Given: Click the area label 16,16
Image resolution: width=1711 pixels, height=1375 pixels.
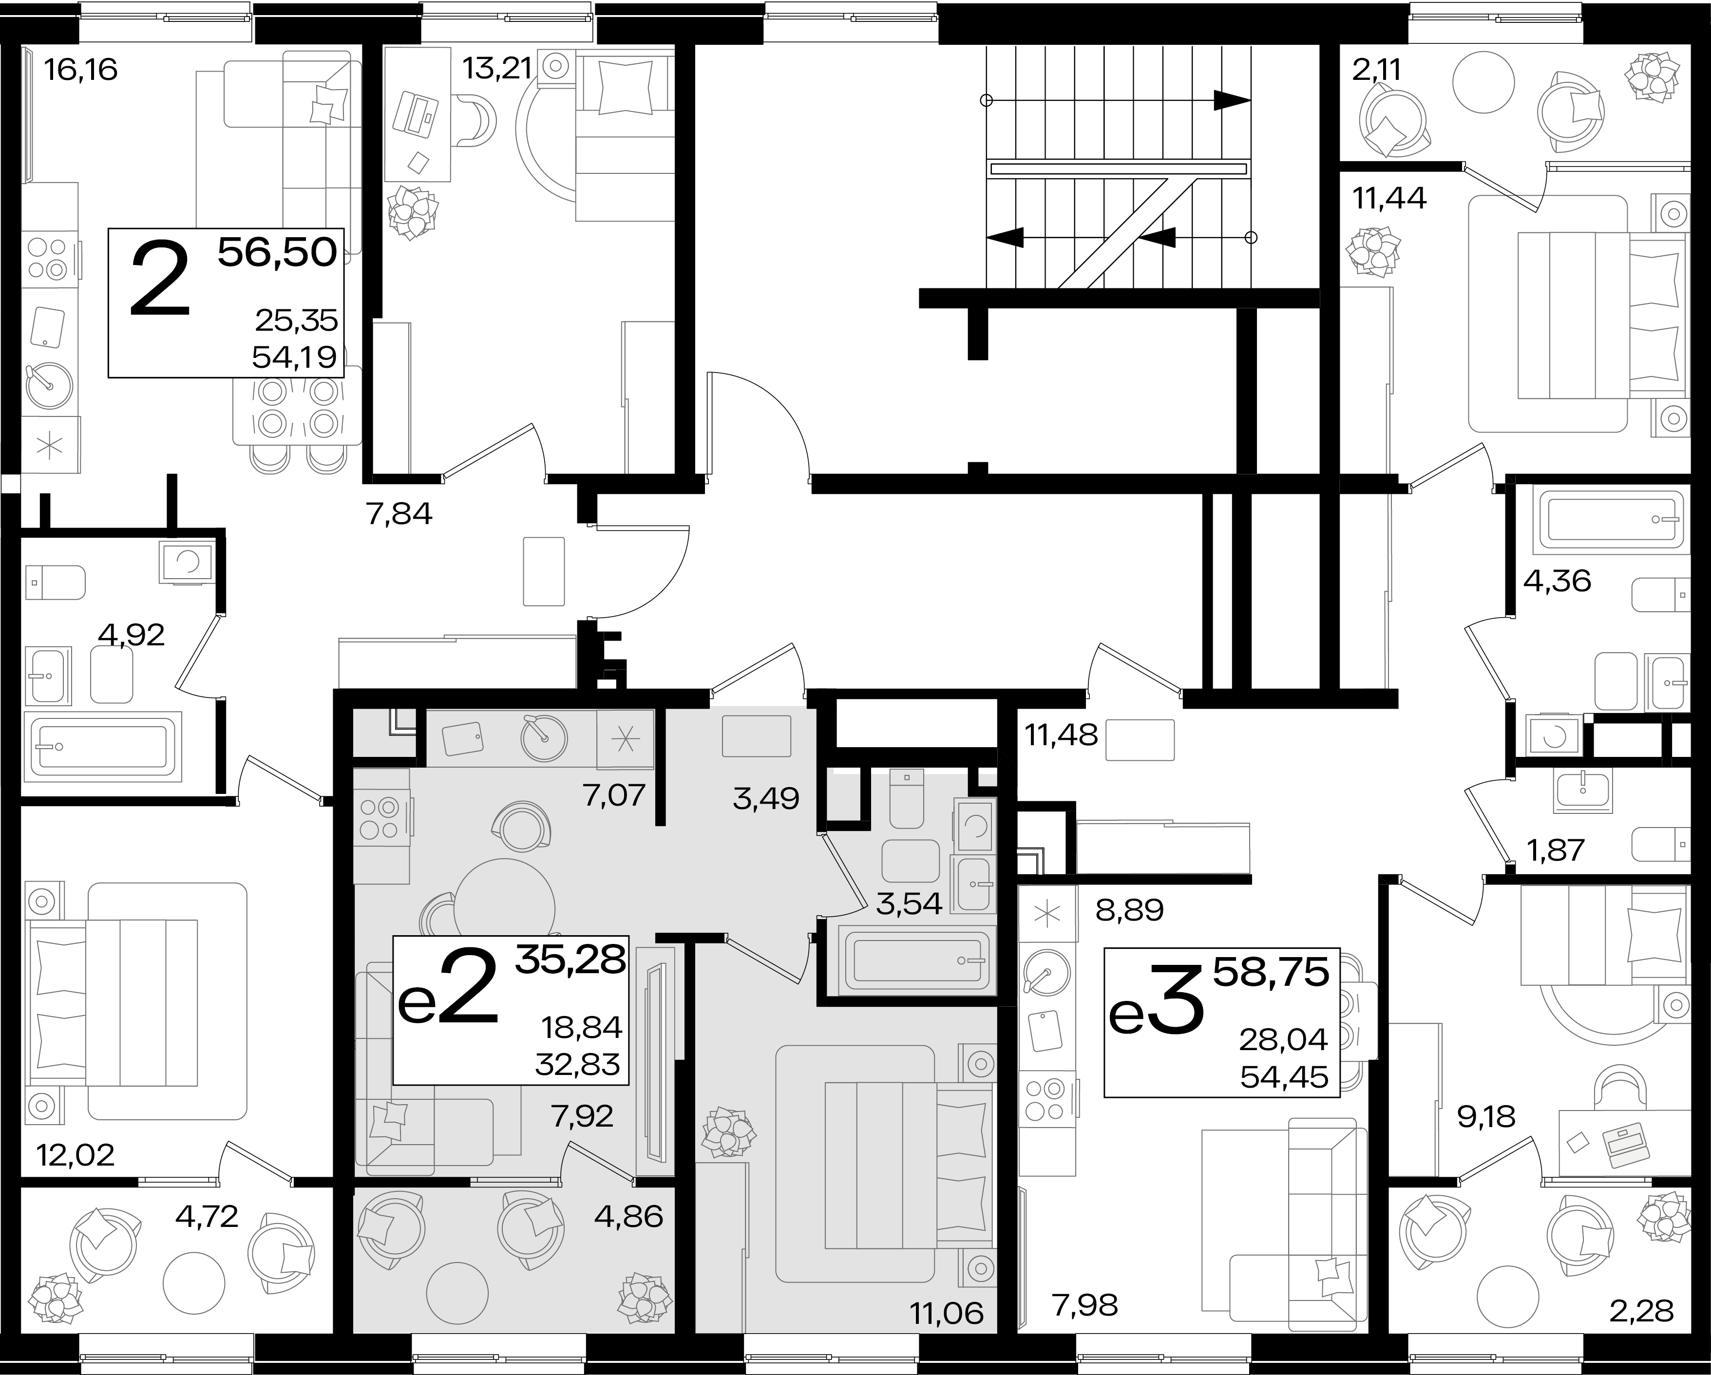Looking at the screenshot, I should tap(81, 70).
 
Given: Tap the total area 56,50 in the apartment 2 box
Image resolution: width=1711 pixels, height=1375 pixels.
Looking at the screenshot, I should tap(277, 252).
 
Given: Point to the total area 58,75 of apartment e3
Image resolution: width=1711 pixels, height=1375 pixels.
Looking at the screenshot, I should tap(1271, 972).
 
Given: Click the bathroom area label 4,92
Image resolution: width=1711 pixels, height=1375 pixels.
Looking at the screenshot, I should tap(131, 634).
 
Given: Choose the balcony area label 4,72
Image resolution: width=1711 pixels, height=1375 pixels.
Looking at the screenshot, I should tap(207, 1216).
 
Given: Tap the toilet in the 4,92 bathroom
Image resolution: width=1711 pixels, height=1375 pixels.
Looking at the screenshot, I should tap(56, 583).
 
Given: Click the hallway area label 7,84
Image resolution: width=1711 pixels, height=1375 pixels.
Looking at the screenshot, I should tap(399, 514).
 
